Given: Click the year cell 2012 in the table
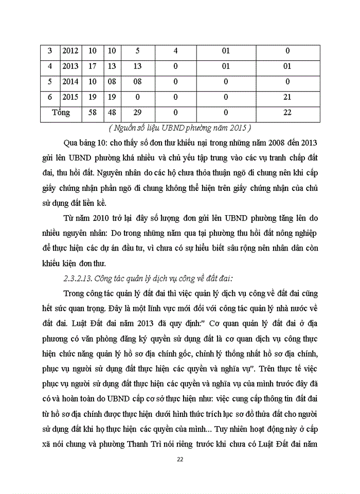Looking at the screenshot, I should pos(70,51).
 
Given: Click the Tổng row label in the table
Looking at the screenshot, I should pos(61,112).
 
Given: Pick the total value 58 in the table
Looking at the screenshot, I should pos(93,112).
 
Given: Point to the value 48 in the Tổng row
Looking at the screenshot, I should pos(113,112).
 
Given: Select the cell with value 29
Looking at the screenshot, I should pos(137,112).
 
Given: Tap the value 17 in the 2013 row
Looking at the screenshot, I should pos(93,66).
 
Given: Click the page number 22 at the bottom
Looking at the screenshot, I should pos(180,459).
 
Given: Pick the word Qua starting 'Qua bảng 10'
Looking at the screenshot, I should pos(69,142).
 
